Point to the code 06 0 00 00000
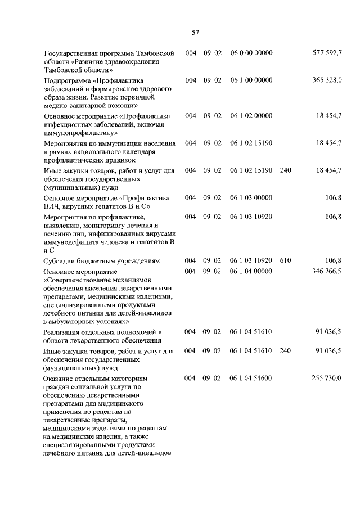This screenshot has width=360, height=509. pos(251,53)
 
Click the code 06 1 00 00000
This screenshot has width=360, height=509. pos(251,80)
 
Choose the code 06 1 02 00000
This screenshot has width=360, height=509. pos(251,115)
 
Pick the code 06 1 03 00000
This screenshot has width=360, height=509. pos(251,197)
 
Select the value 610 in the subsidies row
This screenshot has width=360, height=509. pos(285,260)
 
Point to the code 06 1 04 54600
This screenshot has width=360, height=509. pos(251,379)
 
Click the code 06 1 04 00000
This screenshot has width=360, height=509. pos(251,271)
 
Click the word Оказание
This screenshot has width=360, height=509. pos(59,379)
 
